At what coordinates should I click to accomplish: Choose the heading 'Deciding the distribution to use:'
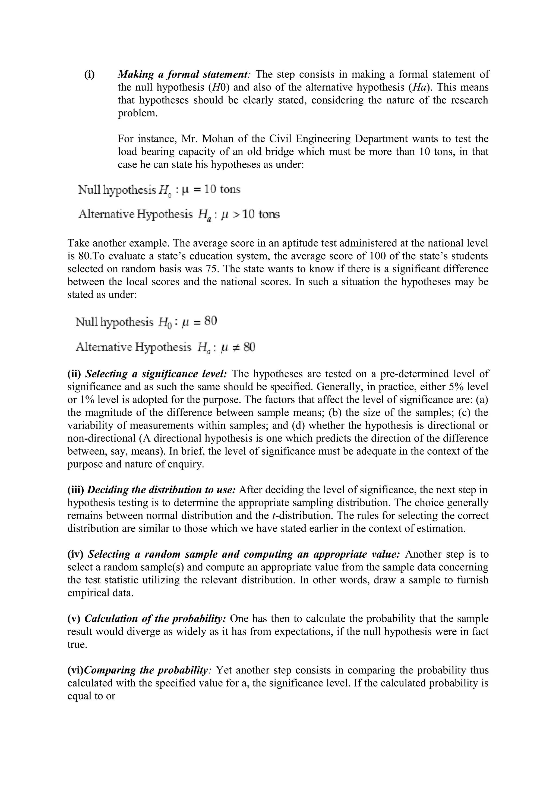pyautogui.click(x=161, y=490)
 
